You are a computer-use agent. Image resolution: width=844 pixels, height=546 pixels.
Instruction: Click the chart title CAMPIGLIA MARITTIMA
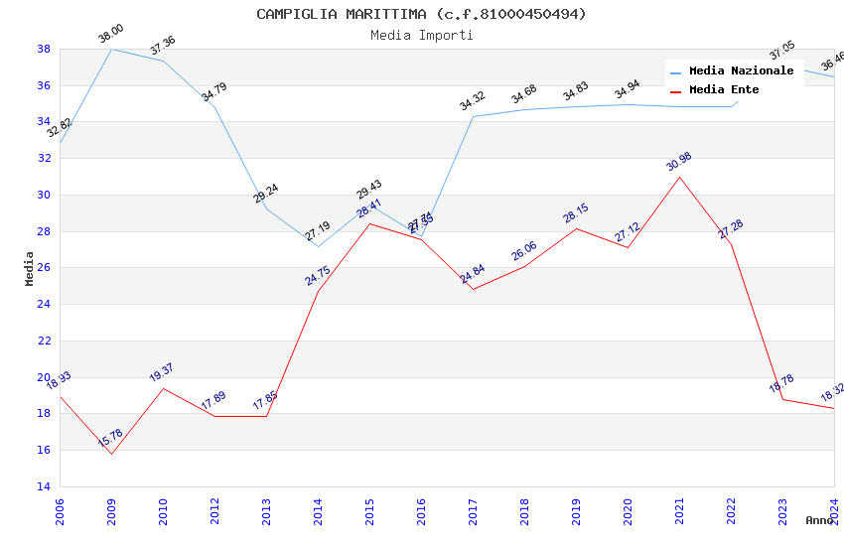click(421, 14)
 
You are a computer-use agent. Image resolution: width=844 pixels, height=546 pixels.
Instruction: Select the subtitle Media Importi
click(421, 35)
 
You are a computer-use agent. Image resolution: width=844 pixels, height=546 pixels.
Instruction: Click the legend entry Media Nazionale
click(741, 70)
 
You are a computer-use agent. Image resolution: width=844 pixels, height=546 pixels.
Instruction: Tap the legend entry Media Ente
click(724, 89)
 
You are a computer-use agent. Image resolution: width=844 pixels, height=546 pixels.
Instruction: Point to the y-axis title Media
click(30, 268)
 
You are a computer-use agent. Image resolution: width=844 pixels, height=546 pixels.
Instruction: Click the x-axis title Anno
click(819, 520)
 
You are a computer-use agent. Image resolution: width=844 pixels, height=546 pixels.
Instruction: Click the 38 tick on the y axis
click(44, 49)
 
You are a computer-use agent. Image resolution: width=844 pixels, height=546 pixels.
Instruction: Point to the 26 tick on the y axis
click(44, 268)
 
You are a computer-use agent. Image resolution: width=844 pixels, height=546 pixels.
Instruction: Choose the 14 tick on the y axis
click(44, 486)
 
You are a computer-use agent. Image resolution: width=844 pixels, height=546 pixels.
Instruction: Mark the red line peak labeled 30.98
click(679, 177)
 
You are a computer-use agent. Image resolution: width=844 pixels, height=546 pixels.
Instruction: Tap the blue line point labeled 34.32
click(473, 116)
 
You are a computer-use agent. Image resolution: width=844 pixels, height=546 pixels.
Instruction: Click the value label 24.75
click(317, 275)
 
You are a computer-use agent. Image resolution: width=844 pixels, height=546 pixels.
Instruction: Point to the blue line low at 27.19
click(318, 246)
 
